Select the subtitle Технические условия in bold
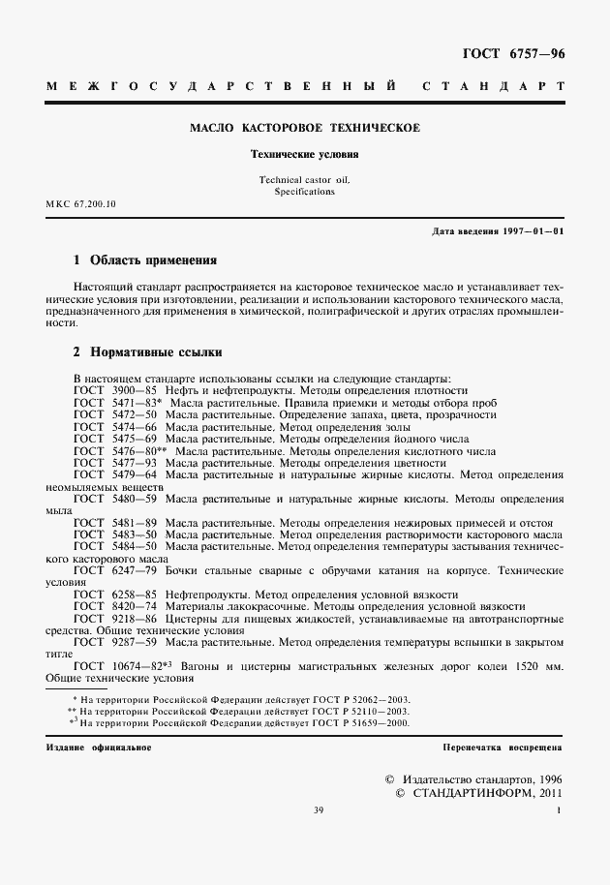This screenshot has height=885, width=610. pyautogui.click(x=304, y=154)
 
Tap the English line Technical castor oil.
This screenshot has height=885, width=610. pyautogui.click(x=304, y=180)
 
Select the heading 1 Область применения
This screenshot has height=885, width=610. pyautogui.click(x=145, y=261)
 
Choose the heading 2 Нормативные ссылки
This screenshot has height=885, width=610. pyautogui.click(x=148, y=352)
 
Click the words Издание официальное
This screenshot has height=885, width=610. pyautogui.click(x=98, y=748)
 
